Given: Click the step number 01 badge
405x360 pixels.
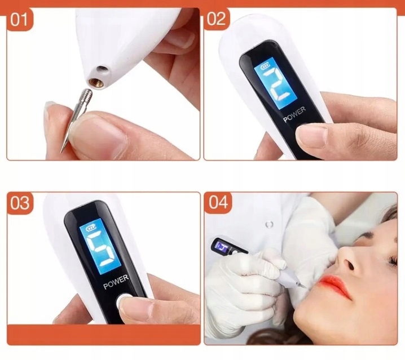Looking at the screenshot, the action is (19, 19).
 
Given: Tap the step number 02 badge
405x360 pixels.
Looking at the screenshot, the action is (217, 19).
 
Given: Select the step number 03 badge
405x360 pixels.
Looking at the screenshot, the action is (20, 203).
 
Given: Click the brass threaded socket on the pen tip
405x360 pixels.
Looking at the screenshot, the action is (96, 83).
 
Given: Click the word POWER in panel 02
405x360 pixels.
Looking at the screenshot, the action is (294, 114).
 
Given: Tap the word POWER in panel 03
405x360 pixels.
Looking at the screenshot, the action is (116, 282).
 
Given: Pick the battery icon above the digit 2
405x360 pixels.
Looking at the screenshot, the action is (266, 67).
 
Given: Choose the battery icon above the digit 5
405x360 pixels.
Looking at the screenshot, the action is (91, 228).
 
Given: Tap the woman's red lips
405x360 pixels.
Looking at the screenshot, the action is (334, 286).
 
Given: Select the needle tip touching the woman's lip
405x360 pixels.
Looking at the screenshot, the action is (306, 287).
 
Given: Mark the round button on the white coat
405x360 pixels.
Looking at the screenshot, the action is (269, 224).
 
